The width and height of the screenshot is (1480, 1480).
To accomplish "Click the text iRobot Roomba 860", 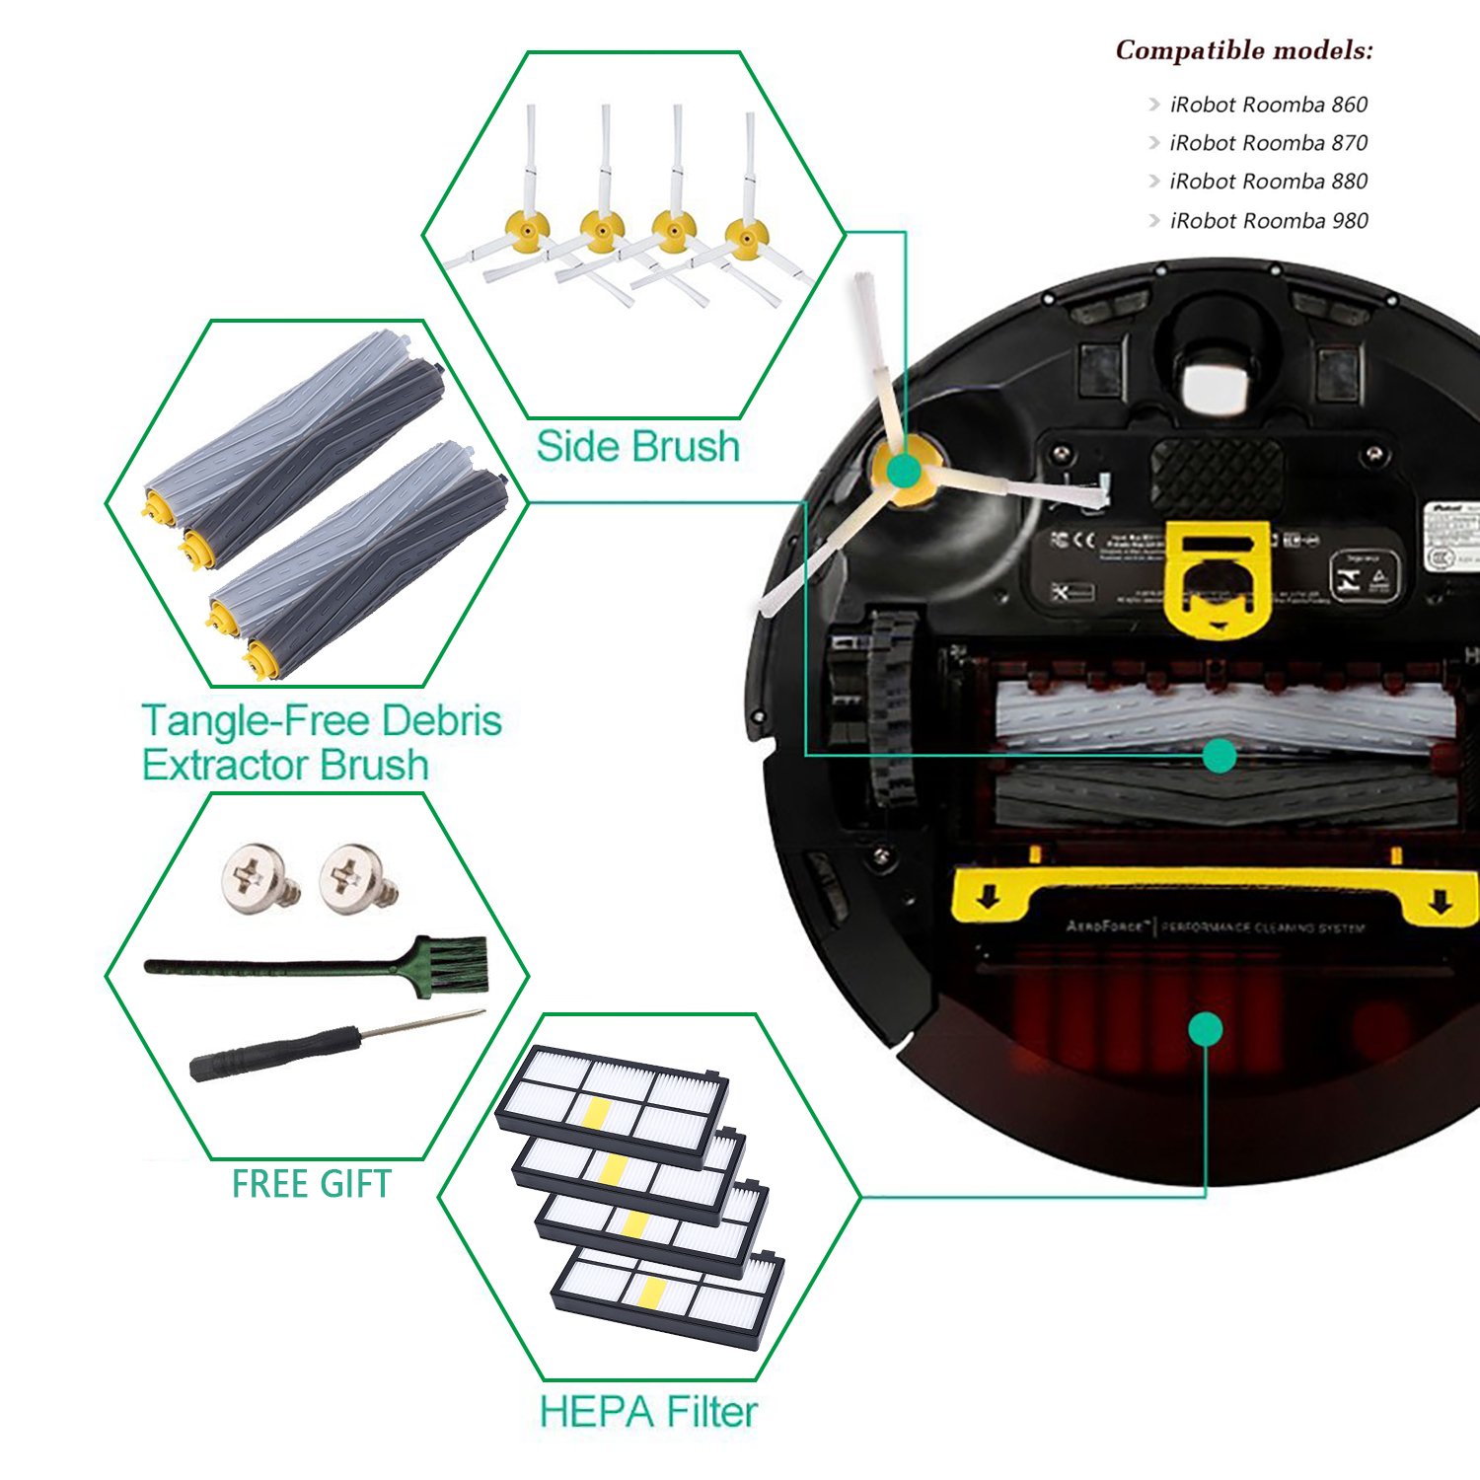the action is pyautogui.click(x=1268, y=105).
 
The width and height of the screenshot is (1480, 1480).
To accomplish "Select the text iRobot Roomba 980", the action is pyautogui.click(x=1268, y=221).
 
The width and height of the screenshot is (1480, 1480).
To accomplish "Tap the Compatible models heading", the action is pyautogui.click(x=1243, y=50).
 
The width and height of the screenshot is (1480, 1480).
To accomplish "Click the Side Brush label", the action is pyautogui.click(x=637, y=447).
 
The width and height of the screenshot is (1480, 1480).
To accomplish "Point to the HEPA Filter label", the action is pyautogui.click(x=648, y=1412).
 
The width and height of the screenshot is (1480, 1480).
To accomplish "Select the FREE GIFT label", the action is pyautogui.click(x=311, y=1184).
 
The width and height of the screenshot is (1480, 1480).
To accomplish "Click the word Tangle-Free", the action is pyautogui.click(x=254, y=721).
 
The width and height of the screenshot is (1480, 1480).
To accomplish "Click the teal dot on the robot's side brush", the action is pyautogui.click(x=903, y=472).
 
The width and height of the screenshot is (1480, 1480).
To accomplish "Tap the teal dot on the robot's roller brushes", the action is pyautogui.click(x=1221, y=757).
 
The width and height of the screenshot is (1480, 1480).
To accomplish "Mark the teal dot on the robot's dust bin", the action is pyautogui.click(x=1205, y=1029).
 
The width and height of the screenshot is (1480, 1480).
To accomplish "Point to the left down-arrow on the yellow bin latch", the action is pyautogui.click(x=991, y=898).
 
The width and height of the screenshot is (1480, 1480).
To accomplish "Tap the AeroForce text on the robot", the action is pyautogui.click(x=1105, y=926).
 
